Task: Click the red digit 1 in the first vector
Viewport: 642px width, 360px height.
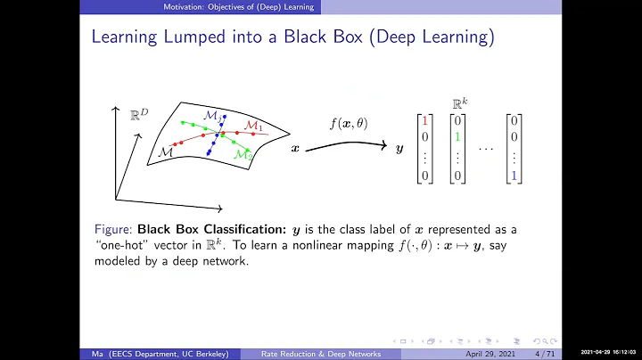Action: pos(426,119)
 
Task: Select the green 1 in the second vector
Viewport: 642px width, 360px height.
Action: pos(457,137)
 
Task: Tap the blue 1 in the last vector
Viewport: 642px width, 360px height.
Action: pos(514,176)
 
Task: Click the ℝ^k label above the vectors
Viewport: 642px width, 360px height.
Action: pos(457,102)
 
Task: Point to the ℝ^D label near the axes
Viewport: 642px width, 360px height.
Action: pos(137,113)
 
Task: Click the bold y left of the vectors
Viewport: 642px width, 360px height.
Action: pos(399,149)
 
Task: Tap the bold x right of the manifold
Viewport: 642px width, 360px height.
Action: pos(295,149)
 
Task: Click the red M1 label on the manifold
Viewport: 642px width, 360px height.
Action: pos(253,126)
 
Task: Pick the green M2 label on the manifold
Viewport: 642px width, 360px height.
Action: pos(243,154)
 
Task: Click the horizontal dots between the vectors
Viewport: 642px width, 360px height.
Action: pos(485,148)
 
